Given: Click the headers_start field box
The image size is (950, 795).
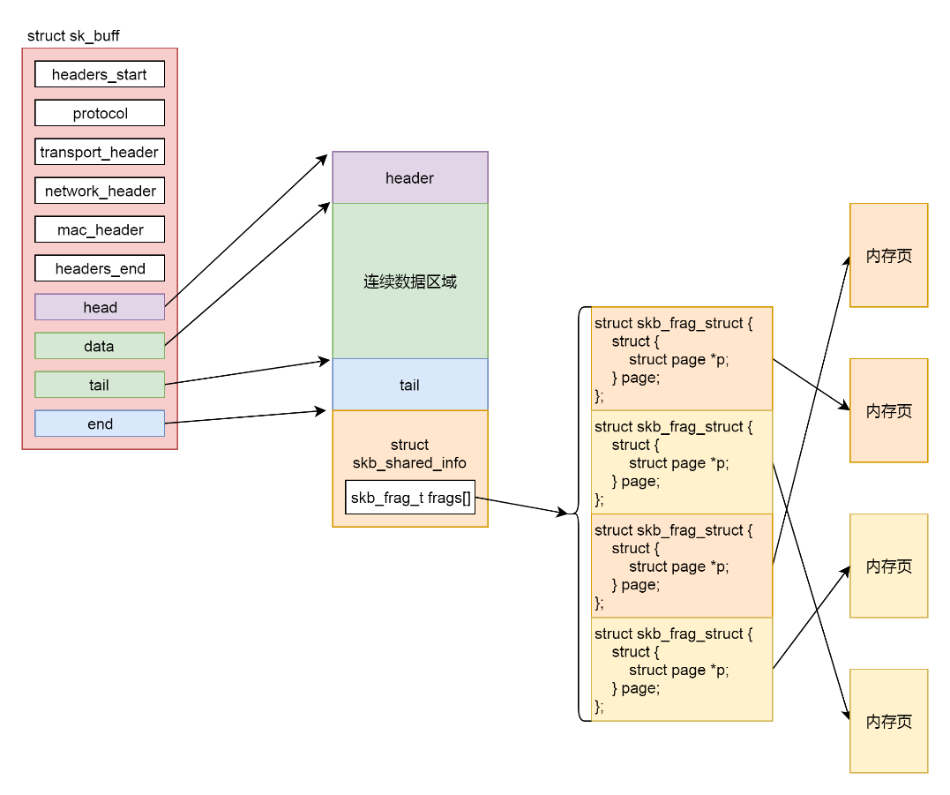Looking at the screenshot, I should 100,74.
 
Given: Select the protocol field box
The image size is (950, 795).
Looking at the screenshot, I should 100,113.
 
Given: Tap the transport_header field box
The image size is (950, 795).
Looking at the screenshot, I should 100,152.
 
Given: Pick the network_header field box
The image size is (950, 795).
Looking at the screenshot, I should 100,191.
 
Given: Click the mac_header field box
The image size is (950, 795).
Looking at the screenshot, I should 100,229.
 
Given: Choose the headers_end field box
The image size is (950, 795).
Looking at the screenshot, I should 100,268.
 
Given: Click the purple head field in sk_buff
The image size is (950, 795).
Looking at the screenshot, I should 100,307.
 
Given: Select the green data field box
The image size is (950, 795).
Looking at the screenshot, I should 100,346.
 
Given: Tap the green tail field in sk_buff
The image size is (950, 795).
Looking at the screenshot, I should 100,385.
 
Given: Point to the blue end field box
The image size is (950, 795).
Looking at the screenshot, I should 100,424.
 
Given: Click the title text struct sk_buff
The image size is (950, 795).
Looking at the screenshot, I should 73,36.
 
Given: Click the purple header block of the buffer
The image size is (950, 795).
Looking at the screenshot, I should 409,177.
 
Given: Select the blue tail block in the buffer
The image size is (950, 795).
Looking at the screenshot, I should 409,385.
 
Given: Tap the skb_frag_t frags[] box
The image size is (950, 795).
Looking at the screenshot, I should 410,499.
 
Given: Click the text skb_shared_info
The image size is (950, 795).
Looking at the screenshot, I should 409,462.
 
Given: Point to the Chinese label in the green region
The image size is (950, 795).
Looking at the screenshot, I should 410,282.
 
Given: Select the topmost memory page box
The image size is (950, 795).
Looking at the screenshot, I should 888,255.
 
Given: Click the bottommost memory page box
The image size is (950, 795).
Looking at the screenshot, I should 888,721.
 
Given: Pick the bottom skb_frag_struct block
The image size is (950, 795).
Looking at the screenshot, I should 682,669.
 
